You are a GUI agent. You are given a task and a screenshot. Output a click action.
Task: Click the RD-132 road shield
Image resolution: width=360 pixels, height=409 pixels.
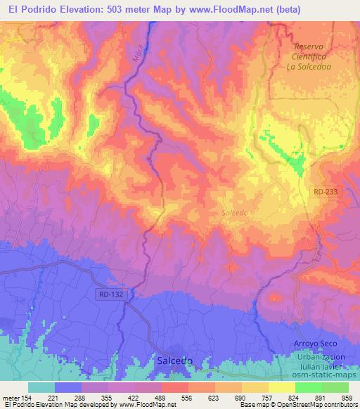pos(112,294)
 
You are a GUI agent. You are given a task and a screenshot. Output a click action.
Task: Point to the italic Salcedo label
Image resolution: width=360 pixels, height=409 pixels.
pos(234,212)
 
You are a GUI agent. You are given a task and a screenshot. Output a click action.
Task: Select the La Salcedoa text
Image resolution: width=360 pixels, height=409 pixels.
pos(314,67)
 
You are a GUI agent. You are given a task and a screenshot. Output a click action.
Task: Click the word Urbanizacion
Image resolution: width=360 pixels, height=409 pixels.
pos(320,356)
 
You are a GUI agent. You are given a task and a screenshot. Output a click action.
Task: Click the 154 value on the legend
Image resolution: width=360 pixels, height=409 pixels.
pos(26,398)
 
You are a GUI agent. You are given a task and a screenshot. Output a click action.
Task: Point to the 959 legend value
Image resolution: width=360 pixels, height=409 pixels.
pos(347,398)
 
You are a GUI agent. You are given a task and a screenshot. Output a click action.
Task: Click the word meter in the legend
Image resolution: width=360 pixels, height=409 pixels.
pos(10,398)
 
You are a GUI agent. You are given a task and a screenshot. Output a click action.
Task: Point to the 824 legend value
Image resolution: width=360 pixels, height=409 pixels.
pos(294,398)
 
